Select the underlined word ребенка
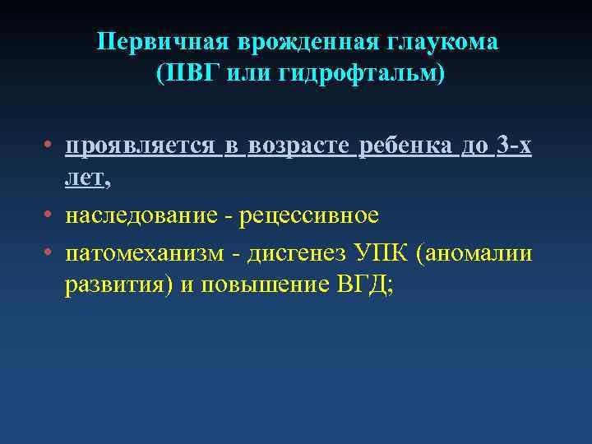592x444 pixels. pos(406,146)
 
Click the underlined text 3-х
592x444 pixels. pos(514,146)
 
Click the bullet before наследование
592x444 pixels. pos(50,215)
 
